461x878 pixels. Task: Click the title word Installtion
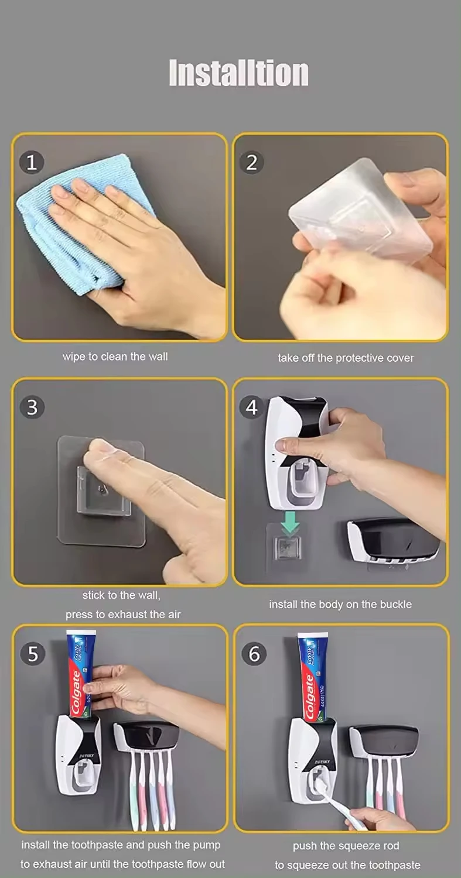click(238, 73)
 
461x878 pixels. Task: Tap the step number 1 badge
click(32, 162)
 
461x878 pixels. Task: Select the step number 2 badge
click(251, 162)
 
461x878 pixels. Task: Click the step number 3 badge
click(32, 407)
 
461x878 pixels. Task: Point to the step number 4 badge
click(251, 407)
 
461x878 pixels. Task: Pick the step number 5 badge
click(32, 653)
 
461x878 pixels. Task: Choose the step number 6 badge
click(254, 653)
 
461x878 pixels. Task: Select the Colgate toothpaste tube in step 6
click(312, 677)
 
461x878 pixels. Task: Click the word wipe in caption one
click(74, 356)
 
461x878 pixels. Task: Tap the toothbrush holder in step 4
click(393, 540)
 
